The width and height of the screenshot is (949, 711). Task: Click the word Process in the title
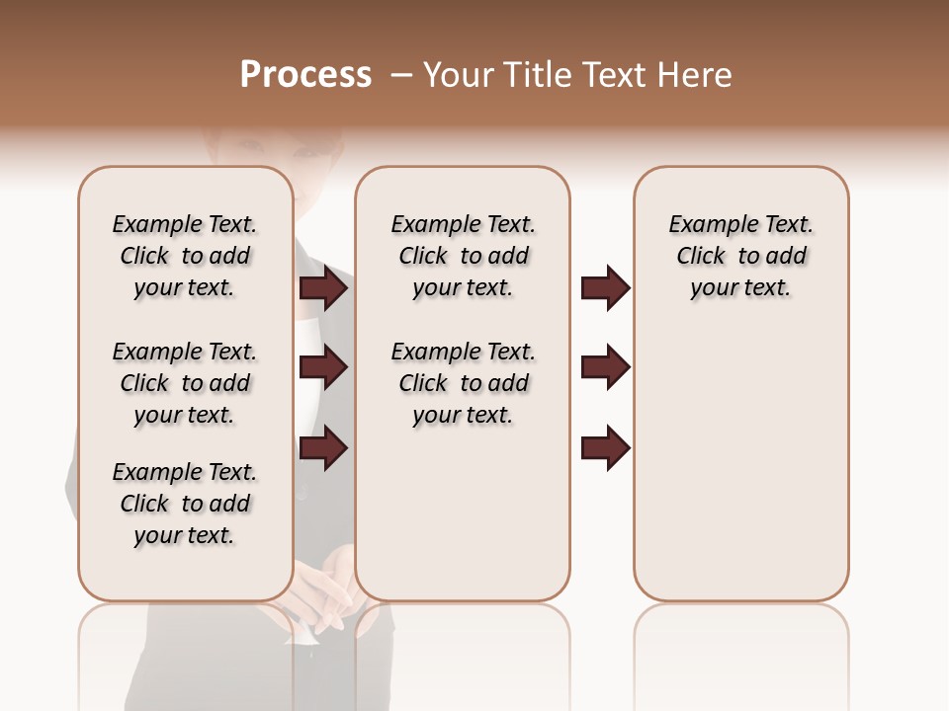[305, 75]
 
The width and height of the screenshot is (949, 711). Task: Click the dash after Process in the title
[400, 76]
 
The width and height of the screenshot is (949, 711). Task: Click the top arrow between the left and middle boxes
[323, 288]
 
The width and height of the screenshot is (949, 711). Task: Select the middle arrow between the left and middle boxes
[323, 368]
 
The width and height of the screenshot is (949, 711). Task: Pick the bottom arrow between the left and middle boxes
[323, 448]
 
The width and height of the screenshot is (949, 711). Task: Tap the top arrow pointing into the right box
[605, 288]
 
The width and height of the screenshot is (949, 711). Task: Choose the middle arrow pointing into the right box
[605, 368]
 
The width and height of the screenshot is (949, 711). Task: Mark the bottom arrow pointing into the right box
[605, 448]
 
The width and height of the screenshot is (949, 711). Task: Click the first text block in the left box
[185, 256]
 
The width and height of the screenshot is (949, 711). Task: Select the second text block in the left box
[185, 383]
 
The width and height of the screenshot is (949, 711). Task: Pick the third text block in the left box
[185, 504]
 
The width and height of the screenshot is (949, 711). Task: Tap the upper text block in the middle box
[464, 256]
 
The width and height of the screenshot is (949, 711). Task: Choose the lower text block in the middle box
[464, 383]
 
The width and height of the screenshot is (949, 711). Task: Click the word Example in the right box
[706, 225]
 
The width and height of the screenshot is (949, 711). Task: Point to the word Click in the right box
[701, 257]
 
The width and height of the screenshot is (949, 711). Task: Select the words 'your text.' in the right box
[740, 288]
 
